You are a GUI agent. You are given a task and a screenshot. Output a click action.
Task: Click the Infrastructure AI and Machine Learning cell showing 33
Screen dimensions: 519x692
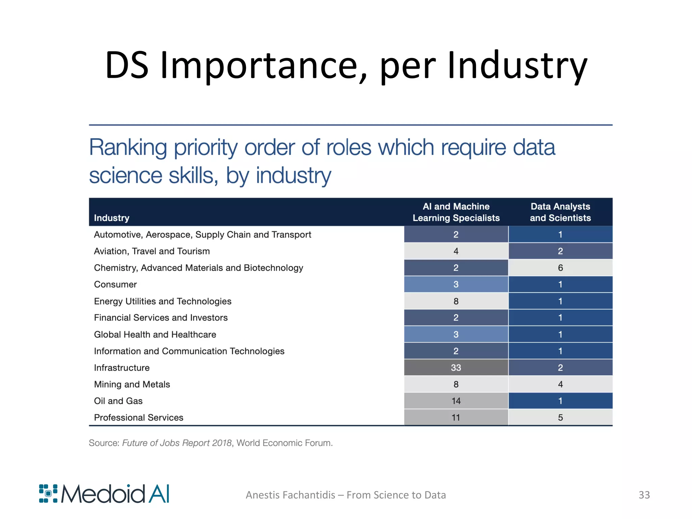[x=456, y=368]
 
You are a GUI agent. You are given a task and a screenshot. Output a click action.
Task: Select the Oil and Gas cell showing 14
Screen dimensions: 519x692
[x=456, y=401]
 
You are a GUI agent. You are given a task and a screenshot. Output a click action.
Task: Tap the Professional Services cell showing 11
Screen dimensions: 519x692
[x=456, y=417]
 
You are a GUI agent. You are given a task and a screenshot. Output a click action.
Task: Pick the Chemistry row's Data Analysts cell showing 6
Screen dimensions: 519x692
[x=560, y=268]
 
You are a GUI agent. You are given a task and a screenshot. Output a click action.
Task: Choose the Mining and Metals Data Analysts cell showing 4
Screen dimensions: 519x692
[x=560, y=384]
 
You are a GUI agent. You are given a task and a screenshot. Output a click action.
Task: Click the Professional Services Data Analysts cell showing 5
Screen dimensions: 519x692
[x=560, y=417]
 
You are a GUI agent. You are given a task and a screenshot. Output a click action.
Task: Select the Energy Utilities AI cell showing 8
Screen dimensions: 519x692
[x=456, y=301]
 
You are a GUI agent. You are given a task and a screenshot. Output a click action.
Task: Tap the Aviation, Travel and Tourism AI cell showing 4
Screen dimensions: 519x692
[x=456, y=251]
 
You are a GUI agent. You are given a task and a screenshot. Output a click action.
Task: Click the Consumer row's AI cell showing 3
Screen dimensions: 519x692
[x=456, y=285]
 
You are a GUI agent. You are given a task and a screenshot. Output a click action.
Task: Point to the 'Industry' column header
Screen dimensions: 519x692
[x=112, y=218]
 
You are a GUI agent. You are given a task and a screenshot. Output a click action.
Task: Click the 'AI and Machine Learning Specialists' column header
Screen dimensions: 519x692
[x=456, y=212]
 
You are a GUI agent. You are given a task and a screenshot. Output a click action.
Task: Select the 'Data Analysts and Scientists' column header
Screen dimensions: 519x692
[x=560, y=212]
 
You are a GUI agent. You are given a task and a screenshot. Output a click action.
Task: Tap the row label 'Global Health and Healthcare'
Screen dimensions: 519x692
[x=155, y=335]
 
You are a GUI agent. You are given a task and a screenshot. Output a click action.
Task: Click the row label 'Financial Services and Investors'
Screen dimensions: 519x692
[x=160, y=318]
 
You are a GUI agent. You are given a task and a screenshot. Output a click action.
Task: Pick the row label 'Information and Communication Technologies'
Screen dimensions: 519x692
[x=189, y=351]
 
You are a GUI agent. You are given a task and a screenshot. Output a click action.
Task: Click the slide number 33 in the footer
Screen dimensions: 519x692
[x=644, y=495]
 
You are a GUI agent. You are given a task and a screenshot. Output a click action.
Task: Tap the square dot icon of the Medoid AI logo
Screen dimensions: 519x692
[x=48, y=494]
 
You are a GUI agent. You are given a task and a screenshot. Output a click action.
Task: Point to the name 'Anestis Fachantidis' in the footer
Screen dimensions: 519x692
[x=290, y=495]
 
